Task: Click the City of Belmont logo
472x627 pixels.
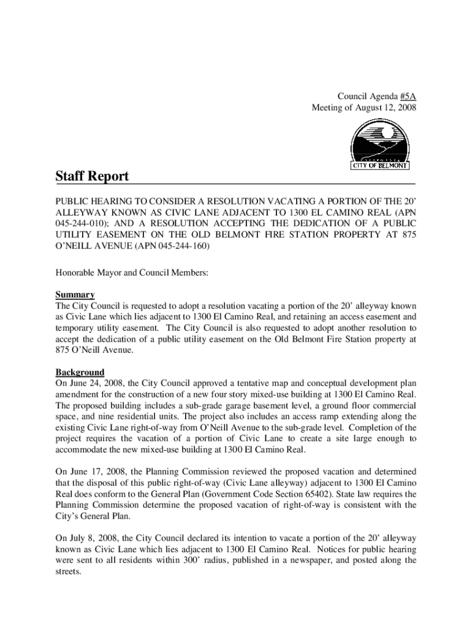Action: click(380, 145)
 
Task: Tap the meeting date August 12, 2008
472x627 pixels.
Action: click(386, 107)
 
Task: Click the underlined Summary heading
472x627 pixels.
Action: click(75, 295)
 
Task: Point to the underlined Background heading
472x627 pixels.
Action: click(80, 372)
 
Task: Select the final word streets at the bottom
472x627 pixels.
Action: click(67, 571)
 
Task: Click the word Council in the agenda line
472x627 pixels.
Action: click(352, 96)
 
